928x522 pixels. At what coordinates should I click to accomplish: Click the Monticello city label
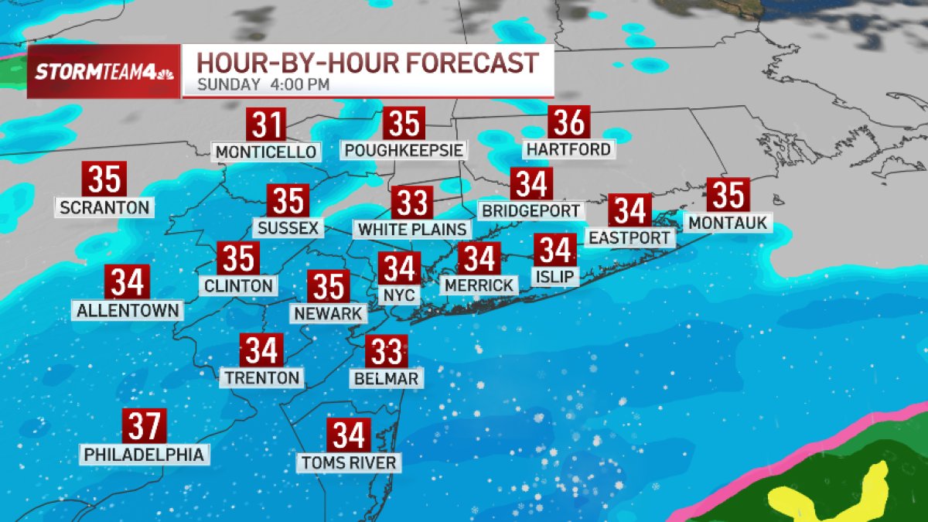coord(266,152)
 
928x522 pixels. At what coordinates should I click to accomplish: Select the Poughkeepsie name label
coord(404,149)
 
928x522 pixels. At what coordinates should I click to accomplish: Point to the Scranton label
coord(104,207)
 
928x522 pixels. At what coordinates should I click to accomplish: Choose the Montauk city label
coord(728,223)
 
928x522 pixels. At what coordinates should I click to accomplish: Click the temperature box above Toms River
coord(349,436)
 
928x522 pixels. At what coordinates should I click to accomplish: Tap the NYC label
coord(400,295)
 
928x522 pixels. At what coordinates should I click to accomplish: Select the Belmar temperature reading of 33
coord(386,352)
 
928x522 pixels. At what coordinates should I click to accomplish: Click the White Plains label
coord(411,230)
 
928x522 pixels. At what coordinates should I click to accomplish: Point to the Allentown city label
coord(128,310)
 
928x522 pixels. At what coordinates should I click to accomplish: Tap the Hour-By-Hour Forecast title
coord(367,62)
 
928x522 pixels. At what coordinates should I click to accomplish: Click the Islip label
coord(555,276)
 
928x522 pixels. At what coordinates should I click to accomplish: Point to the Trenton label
coord(261,377)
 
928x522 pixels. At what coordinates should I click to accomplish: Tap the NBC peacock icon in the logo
coord(165,73)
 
